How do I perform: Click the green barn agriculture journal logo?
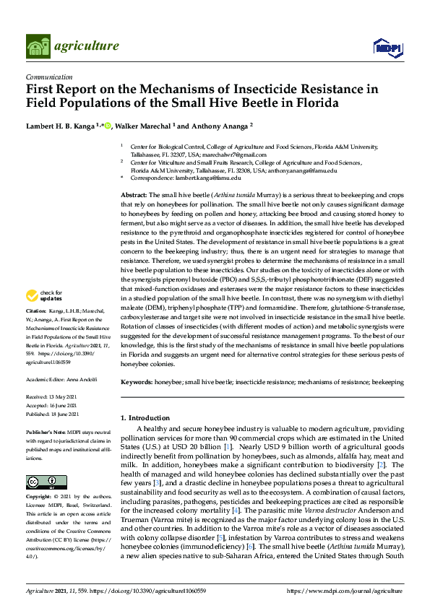(x=38, y=46)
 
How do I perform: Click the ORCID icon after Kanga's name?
(x=108, y=126)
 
